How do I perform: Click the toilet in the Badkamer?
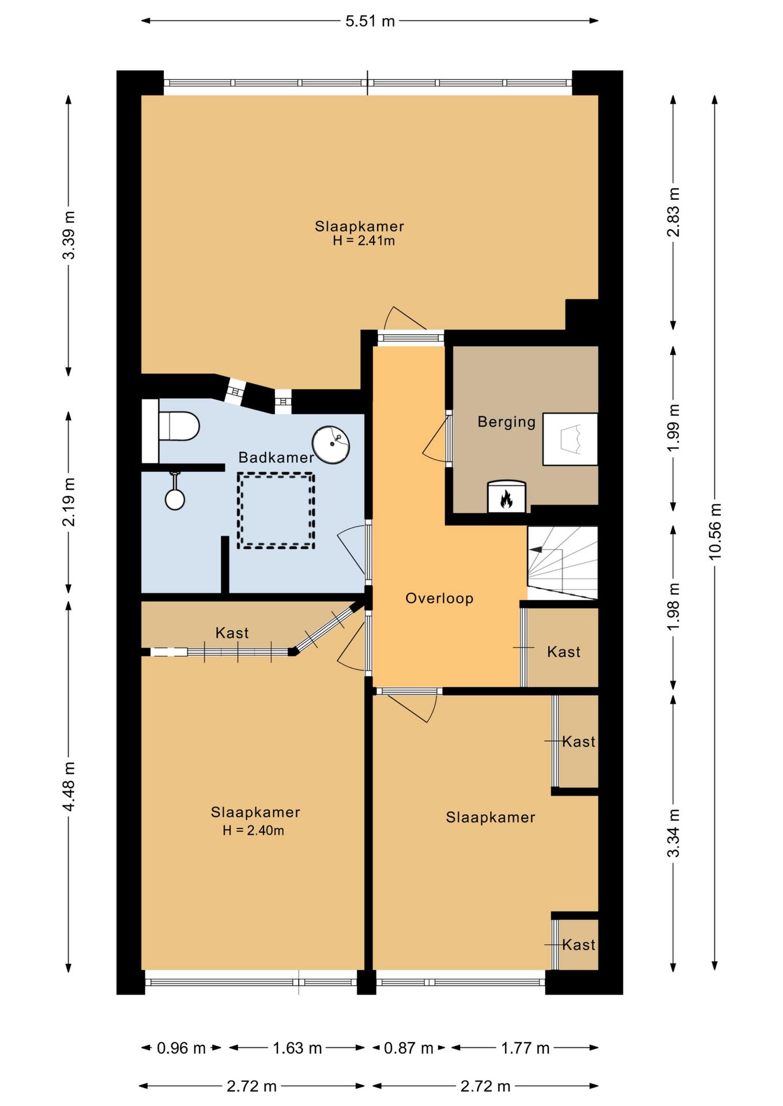point(179,426)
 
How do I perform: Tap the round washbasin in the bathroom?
point(331,445)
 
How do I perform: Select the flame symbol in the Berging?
point(506,498)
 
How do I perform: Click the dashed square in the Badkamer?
point(276,510)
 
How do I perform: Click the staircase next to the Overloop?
point(563,563)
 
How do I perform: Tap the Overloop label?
point(439,599)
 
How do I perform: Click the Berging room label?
point(506,422)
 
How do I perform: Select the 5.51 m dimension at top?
point(370,21)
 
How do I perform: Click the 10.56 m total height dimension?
point(715,532)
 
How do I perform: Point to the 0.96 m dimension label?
point(181,1048)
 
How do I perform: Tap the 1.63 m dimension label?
point(297,1048)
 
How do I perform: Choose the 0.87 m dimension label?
point(409,1048)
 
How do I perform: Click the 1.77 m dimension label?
point(525,1048)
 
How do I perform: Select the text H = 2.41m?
point(364,241)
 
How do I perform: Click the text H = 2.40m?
point(254,830)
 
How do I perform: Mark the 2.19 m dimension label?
point(69,502)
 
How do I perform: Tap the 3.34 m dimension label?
point(673,833)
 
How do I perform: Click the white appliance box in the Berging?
point(570,439)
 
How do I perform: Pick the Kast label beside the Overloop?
point(563,652)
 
